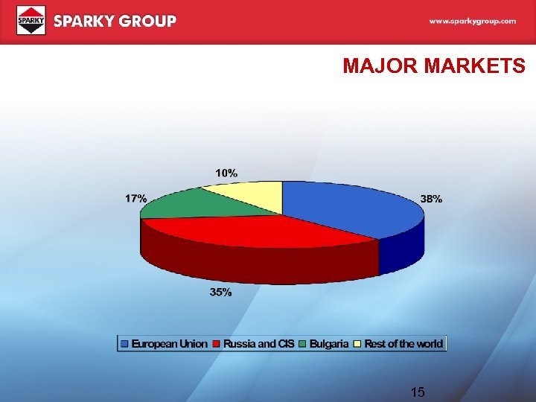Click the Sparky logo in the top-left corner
pos(31,20)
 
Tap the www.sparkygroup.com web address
pos(472,22)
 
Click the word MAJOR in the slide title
pos(380,66)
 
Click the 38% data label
pos(431,199)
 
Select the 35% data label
pos(220,293)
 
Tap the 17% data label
pos(135,199)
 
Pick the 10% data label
pos(227,173)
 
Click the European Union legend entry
pos(163,344)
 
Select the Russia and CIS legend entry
pos(253,344)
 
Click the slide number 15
pos(418,391)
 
